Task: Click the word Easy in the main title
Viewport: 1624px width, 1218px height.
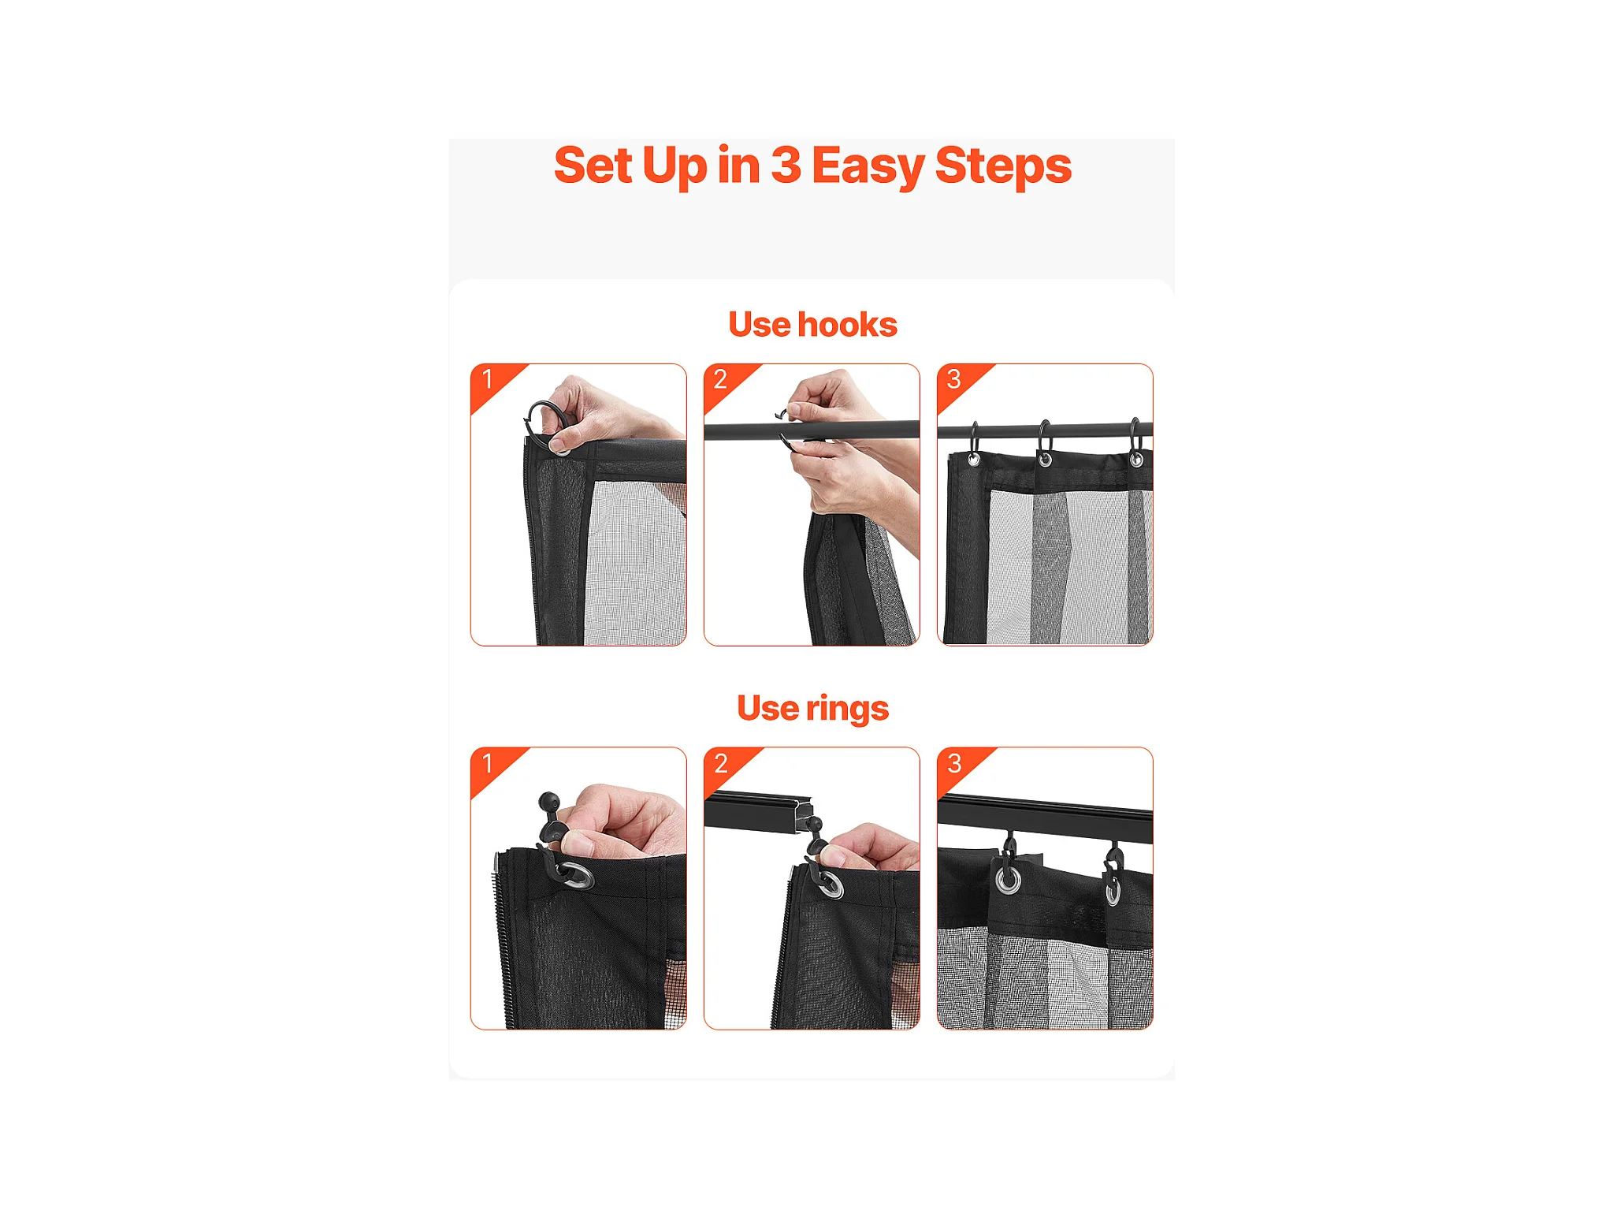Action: click(868, 166)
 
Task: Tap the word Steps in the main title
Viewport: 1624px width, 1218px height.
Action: click(1003, 166)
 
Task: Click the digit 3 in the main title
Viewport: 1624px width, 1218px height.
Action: click(786, 166)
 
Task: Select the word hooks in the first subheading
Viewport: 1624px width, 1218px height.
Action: click(847, 324)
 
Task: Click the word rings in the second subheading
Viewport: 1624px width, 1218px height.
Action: click(847, 709)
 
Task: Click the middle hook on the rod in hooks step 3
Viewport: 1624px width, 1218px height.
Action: click(1044, 441)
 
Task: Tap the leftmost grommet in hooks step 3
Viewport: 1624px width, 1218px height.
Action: click(974, 460)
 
